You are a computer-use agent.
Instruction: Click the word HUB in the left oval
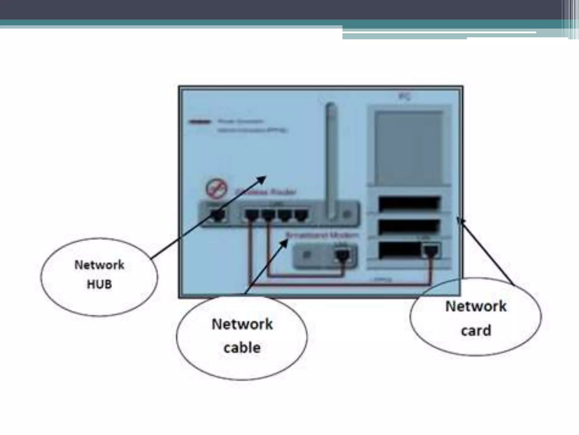(x=99, y=284)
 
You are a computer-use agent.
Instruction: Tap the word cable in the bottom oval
(x=242, y=348)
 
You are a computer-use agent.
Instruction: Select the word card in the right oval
(x=476, y=330)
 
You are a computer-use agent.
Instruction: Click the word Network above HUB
(x=99, y=265)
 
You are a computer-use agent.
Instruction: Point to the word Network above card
(x=476, y=306)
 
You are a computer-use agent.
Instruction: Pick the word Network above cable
(x=242, y=324)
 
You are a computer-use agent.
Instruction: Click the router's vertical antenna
(x=330, y=161)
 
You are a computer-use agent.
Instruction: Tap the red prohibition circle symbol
(x=217, y=189)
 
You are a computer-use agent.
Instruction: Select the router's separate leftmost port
(x=218, y=215)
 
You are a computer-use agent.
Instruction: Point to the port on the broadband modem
(x=342, y=255)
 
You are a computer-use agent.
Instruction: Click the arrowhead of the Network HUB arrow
(x=263, y=178)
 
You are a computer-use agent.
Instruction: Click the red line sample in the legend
(x=200, y=122)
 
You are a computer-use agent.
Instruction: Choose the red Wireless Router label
(x=266, y=192)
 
